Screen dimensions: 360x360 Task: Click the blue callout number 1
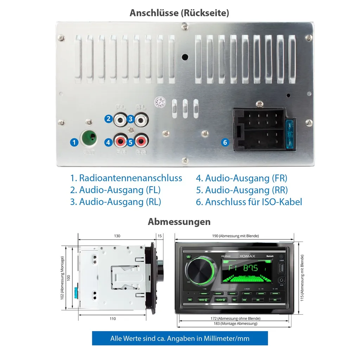(x=74, y=142)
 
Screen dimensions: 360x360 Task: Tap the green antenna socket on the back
(x=89, y=139)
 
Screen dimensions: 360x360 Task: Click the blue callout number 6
(x=225, y=142)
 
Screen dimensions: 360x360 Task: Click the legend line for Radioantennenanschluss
(x=126, y=178)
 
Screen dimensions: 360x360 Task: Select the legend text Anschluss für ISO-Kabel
(x=249, y=202)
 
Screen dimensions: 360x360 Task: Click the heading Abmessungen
(x=179, y=222)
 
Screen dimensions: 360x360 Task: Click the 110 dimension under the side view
(x=112, y=319)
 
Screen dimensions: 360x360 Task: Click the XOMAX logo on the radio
(x=247, y=256)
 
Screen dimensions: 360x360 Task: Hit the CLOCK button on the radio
(x=221, y=300)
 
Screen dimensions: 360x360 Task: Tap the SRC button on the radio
(x=190, y=300)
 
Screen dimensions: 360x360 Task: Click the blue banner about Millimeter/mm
(x=180, y=339)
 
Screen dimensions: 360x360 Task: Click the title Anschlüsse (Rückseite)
(x=179, y=13)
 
